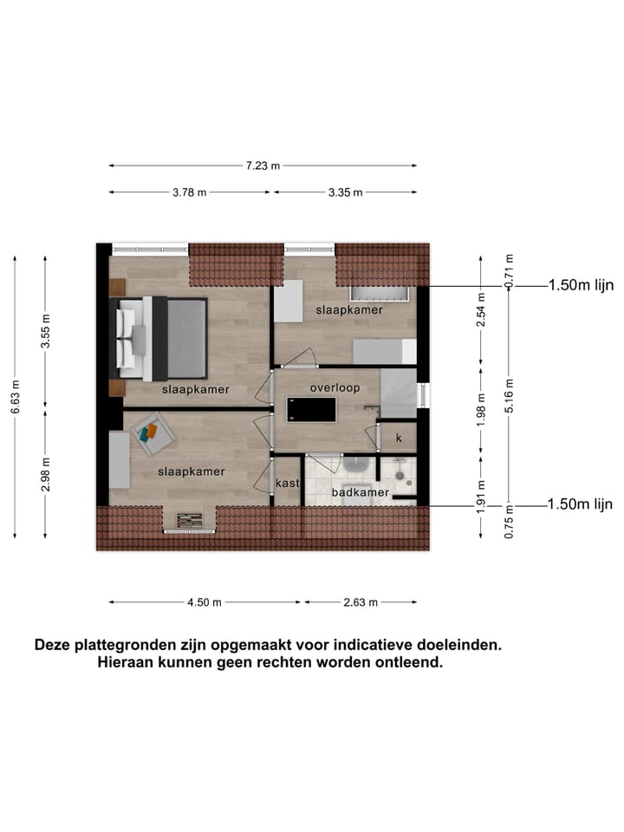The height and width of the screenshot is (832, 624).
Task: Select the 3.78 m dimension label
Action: coord(190,192)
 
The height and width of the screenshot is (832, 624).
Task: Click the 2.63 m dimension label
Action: coord(359,602)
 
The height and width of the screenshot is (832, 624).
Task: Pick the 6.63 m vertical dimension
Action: coord(15,395)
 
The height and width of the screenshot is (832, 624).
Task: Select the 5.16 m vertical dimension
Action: coord(510,395)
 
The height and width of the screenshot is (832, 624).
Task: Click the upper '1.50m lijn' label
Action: coord(580,285)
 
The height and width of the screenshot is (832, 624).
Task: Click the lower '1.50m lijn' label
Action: coord(580,504)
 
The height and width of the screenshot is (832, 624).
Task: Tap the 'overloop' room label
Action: coord(335,388)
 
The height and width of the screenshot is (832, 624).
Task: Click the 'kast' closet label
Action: coord(287,483)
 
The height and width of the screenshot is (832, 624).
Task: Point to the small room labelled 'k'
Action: coord(399,439)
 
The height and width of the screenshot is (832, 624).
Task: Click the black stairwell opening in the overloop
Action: coord(311,410)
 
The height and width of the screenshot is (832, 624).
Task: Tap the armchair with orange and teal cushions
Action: coord(149,432)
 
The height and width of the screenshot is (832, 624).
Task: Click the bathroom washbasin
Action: coord(356,465)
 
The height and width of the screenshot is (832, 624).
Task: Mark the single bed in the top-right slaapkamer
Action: coord(384,351)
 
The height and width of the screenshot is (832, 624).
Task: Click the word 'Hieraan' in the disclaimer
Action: coord(129,663)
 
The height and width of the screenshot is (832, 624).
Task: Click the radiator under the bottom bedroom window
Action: coord(189,520)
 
